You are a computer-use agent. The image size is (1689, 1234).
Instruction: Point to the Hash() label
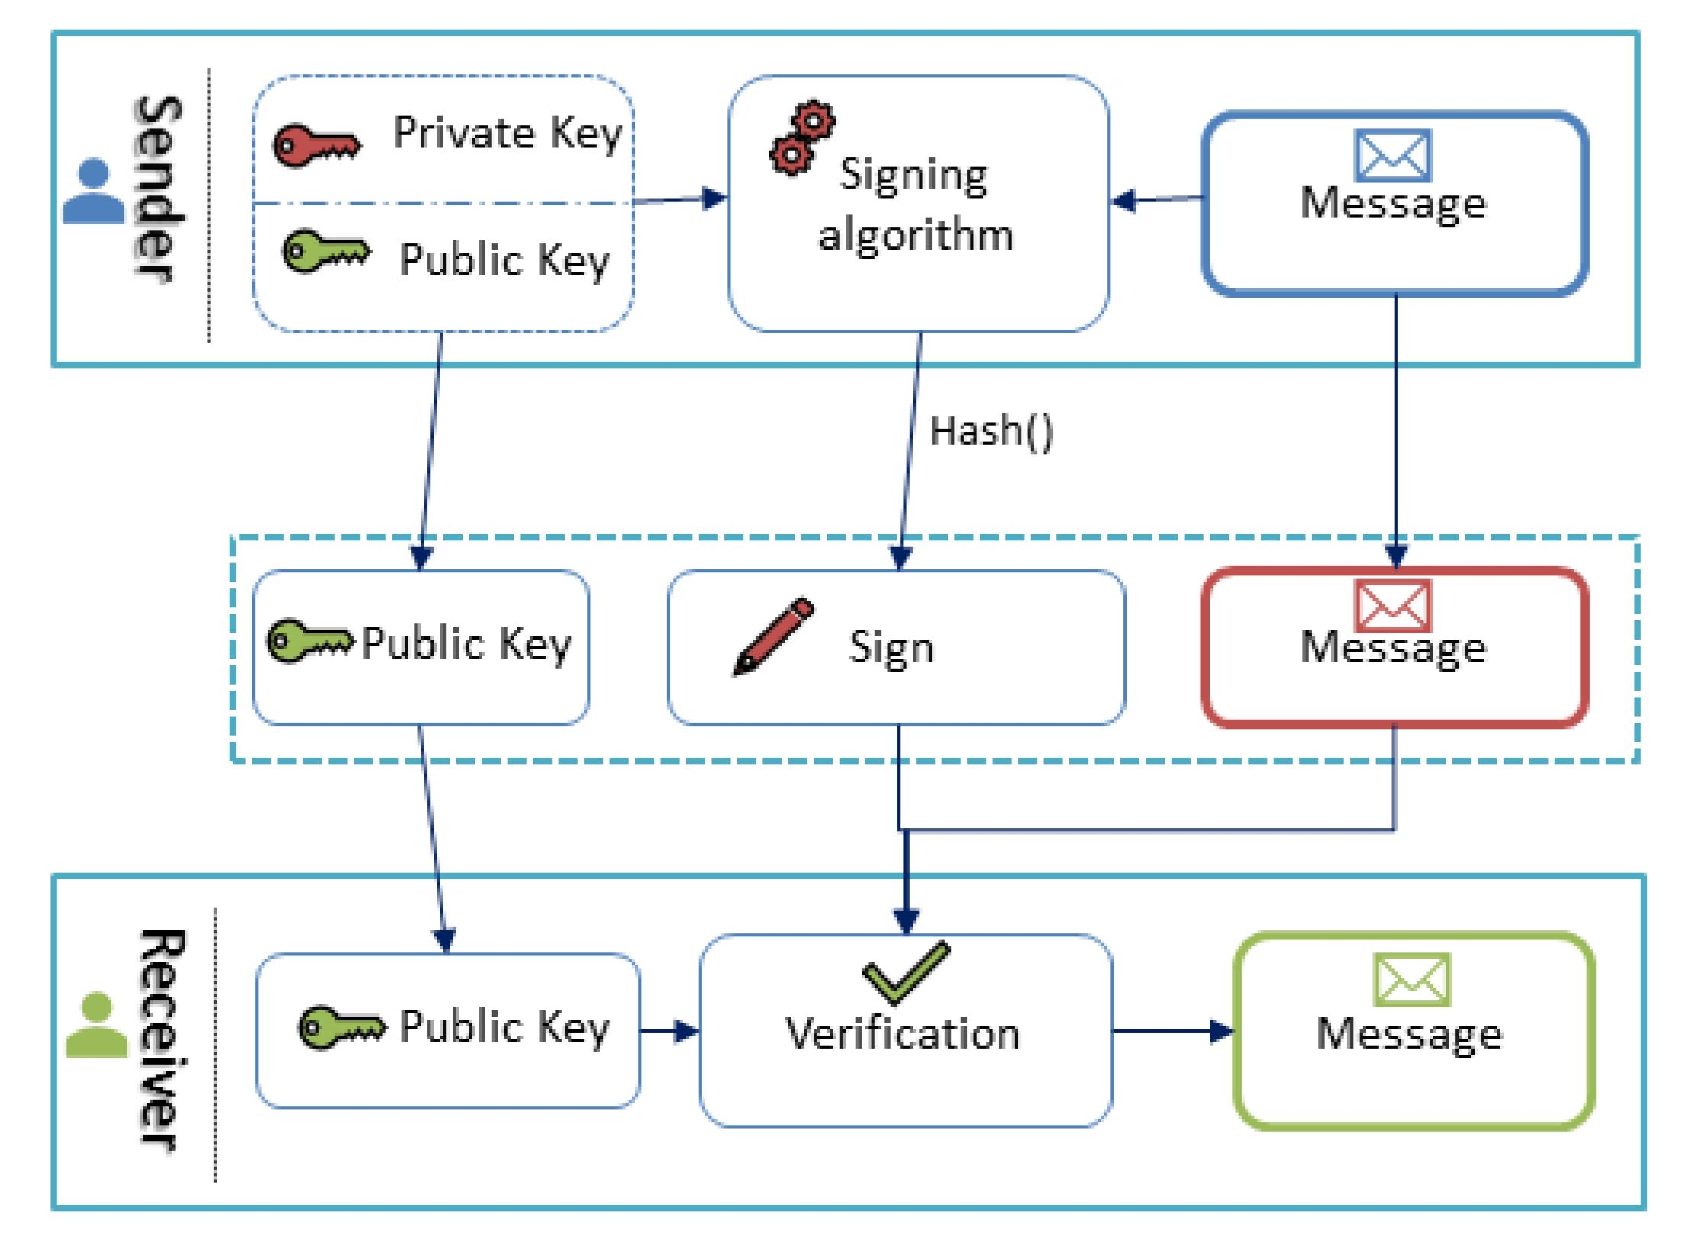coord(991,431)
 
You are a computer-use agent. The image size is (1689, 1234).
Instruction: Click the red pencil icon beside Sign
coord(773,636)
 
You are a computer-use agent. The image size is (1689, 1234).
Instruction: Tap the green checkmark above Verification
coord(906,972)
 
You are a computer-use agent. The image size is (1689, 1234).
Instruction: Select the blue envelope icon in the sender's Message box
coord(1393,156)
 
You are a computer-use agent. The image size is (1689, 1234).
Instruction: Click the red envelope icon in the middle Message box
coord(1393,606)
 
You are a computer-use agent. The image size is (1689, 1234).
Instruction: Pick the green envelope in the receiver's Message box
coord(1412,980)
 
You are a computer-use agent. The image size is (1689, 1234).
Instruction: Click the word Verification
coord(903,1033)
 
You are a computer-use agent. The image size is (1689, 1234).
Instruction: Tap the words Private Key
coord(508,135)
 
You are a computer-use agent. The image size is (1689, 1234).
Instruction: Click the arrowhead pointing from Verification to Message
coord(1222,1032)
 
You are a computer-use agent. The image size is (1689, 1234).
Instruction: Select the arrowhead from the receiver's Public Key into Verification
coord(688,1032)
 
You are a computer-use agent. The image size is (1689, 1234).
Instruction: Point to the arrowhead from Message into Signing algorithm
coord(1124,201)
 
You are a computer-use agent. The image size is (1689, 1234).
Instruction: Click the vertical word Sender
coord(158,190)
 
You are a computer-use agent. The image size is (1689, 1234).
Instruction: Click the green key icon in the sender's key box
coord(327,252)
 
